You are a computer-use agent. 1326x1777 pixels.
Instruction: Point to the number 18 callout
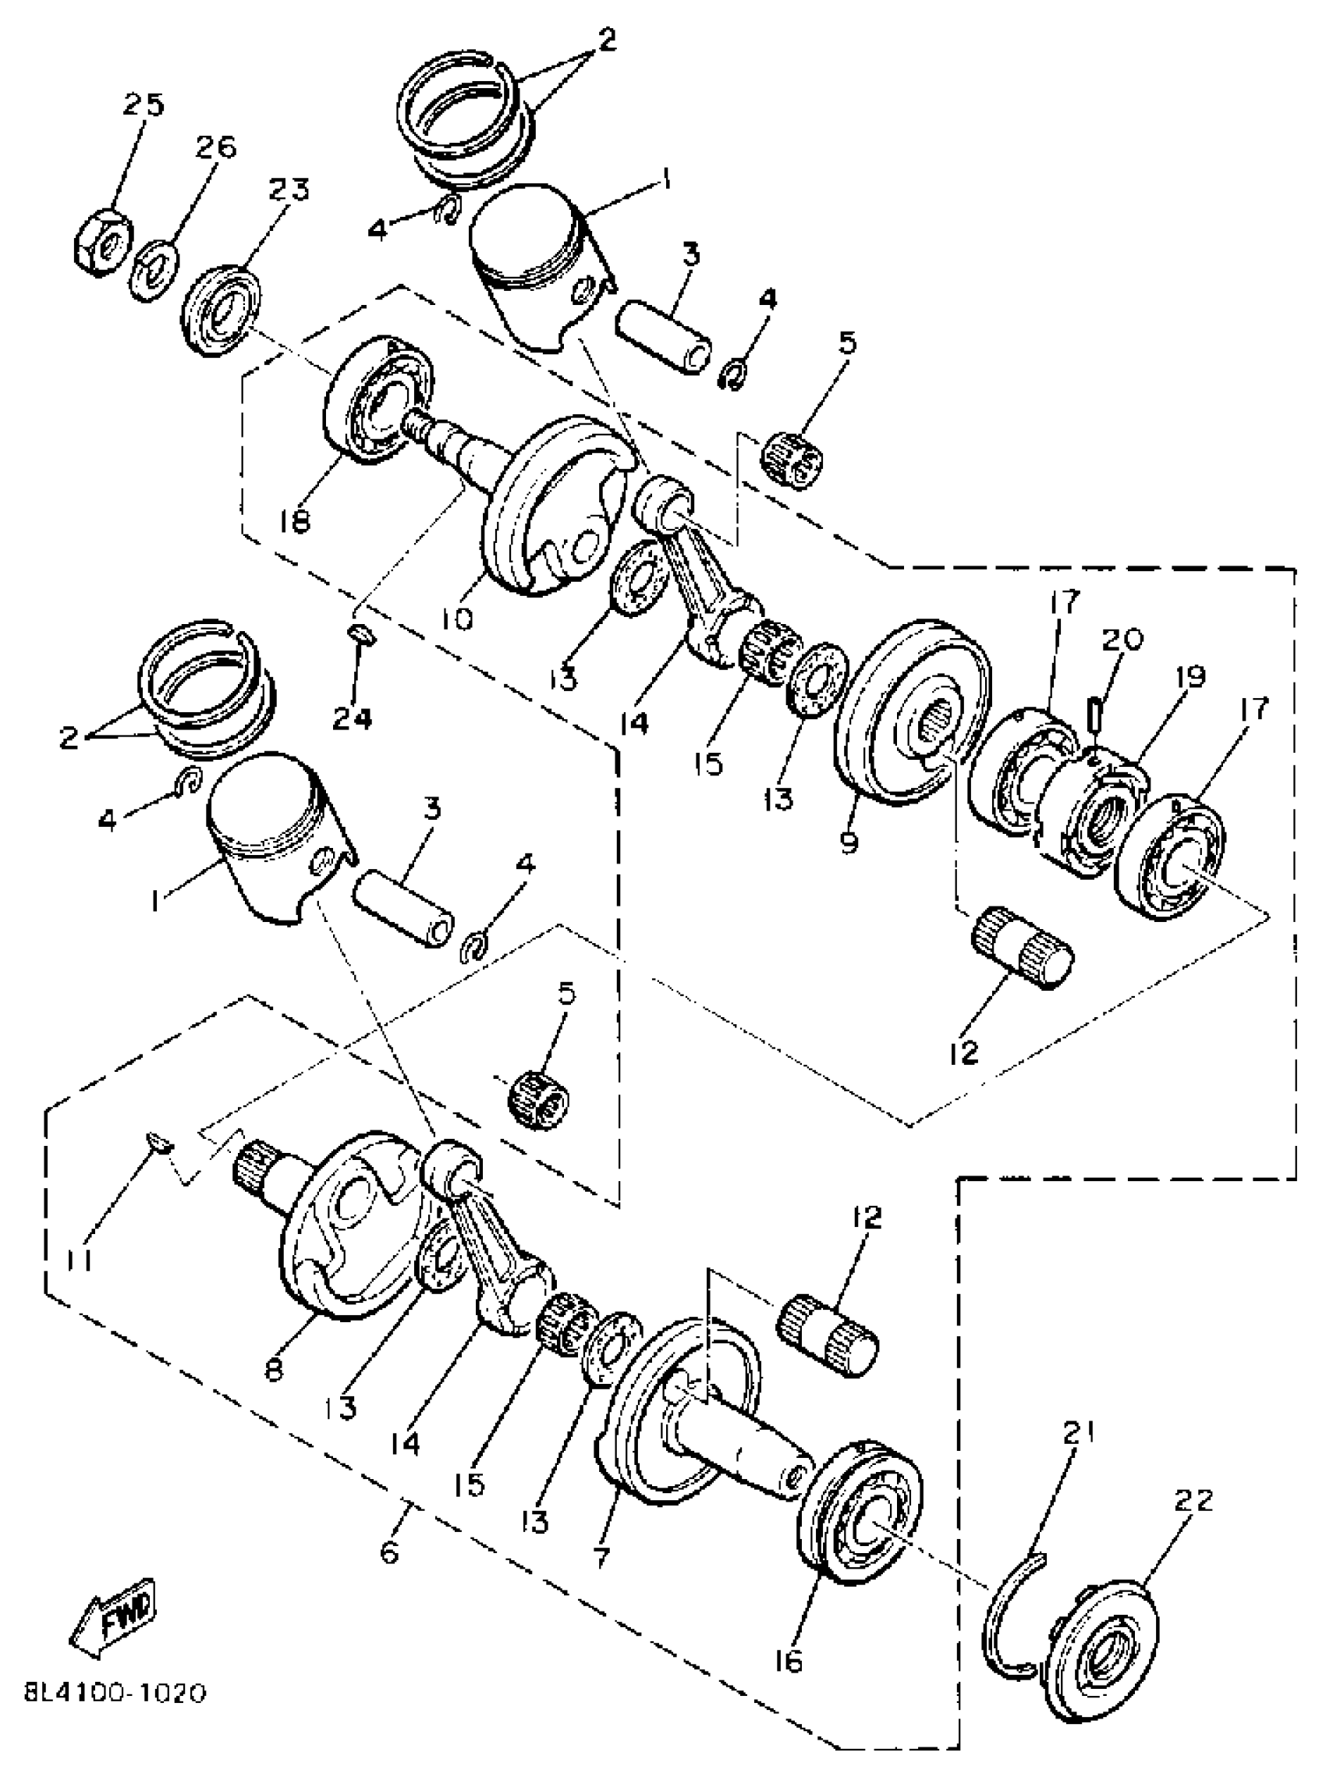click(296, 523)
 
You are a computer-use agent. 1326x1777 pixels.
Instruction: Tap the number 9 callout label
click(849, 842)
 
